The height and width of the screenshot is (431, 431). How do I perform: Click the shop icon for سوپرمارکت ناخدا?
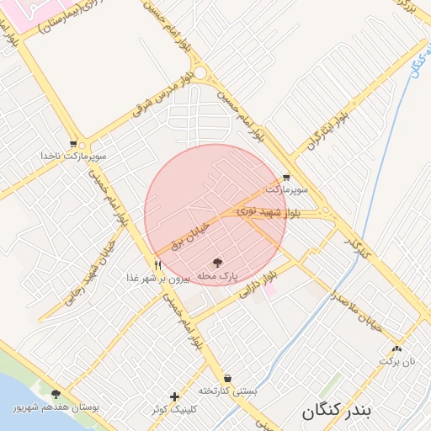pos(75,143)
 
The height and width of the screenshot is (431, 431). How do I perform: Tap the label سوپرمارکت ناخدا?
pos(76,157)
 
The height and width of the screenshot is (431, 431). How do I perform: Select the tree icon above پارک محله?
pos(218,263)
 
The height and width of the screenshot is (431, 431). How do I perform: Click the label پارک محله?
pos(218,276)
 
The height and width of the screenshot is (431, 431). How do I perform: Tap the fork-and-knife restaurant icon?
pos(157,264)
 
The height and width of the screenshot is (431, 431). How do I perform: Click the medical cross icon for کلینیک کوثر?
pos(174,396)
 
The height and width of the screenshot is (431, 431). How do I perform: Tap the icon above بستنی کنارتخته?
pos(228,378)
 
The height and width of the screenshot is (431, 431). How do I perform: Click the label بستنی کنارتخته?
pos(227,391)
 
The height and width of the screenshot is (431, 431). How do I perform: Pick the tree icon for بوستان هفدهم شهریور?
pos(56,394)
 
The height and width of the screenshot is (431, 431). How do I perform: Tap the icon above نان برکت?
pos(396,348)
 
